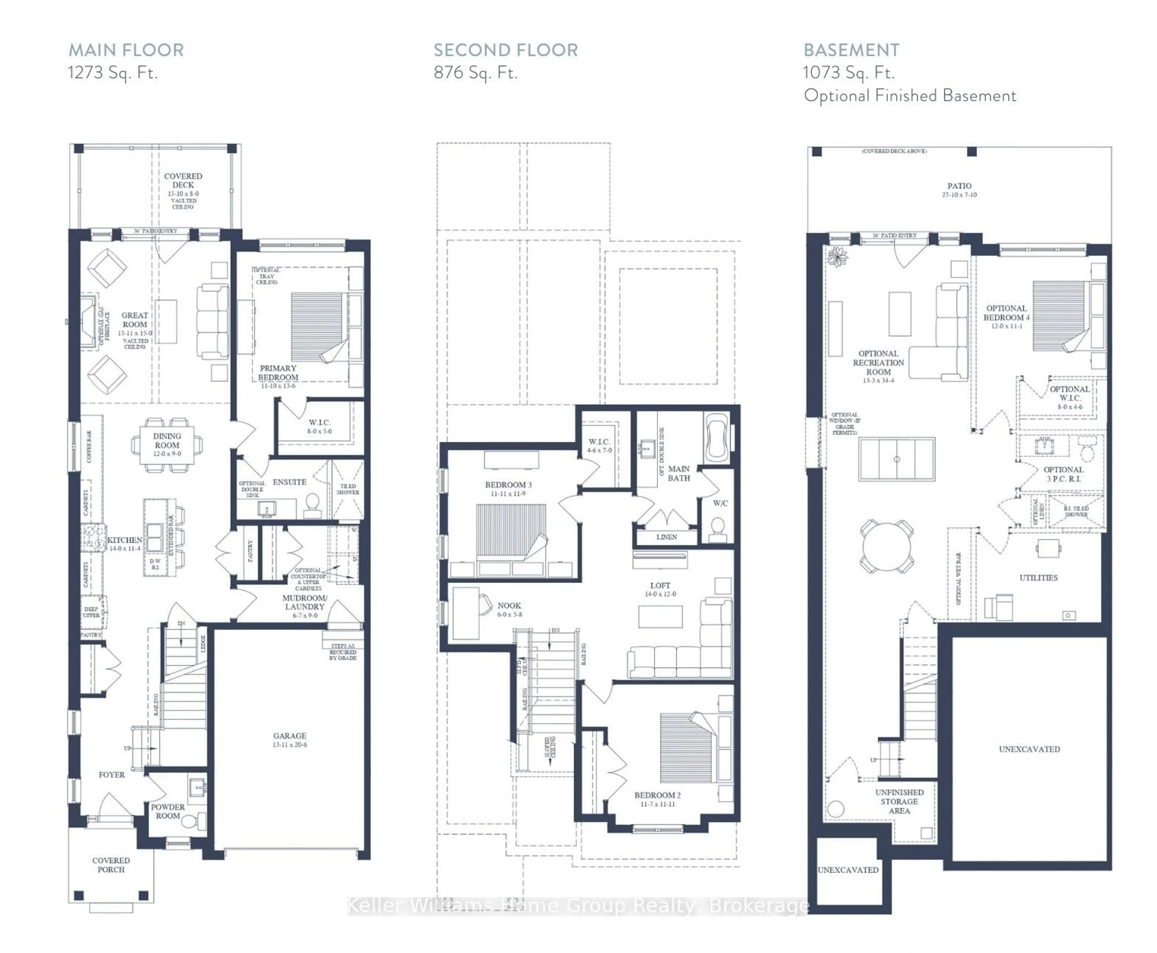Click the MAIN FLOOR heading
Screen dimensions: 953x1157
pos(126,50)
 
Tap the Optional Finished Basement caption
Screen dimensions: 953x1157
pos(909,96)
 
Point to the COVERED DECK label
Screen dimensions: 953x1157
pos(183,180)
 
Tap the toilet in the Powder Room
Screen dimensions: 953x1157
pos(190,822)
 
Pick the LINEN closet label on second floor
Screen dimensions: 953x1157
pos(666,537)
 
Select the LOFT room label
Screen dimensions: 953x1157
pos(660,586)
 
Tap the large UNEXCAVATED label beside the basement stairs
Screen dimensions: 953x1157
pos(1029,749)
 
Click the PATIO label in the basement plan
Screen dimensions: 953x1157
pos(959,186)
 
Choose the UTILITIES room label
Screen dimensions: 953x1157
pos(1038,578)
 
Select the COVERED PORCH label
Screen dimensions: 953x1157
pos(111,865)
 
